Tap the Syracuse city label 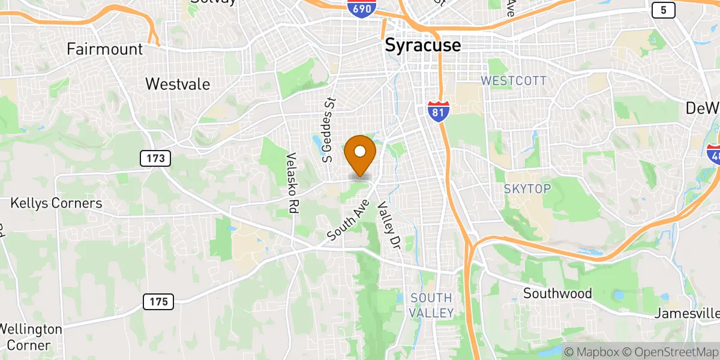(x=422, y=45)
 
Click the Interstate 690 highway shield (x=362, y=7)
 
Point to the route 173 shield (x=156, y=159)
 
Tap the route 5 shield (x=663, y=10)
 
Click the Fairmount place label (x=105, y=49)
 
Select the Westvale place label (x=178, y=84)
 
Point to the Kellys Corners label (x=56, y=203)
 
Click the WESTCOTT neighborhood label (x=514, y=80)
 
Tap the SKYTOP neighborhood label (x=527, y=189)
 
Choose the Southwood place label (x=557, y=293)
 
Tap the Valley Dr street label (x=388, y=226)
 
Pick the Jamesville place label (x=687, y=313)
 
